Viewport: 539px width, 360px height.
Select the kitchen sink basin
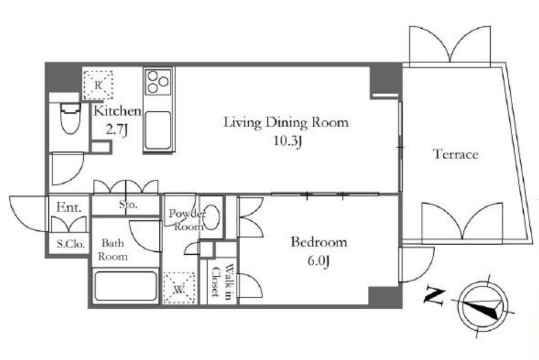click(x=158, y=130)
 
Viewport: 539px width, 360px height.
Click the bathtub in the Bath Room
click(x=126, y=286)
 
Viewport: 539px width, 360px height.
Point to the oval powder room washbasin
click(x=211, y=218)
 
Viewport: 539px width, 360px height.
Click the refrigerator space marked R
click(x=98, y=85)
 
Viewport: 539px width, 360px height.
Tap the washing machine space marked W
click(x=178, y=288)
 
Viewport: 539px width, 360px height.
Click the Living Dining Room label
click(x=286, y=123)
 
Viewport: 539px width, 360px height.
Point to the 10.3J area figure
click(x=288, y=141)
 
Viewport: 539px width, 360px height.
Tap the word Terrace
click(x=455, y=154)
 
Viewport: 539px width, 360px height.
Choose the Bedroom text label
click(x=319, y=242)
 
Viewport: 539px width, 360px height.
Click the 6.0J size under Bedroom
click(x=318, y=261)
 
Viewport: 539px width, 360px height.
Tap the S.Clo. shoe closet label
click(x=71, y=244)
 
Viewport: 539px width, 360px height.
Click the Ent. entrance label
click(x=69, y=207)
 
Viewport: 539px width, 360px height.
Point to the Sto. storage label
click(x=128, y=205)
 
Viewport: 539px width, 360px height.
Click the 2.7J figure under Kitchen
click(x=117, y=130)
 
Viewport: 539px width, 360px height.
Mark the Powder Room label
click(x=186, y=220)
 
